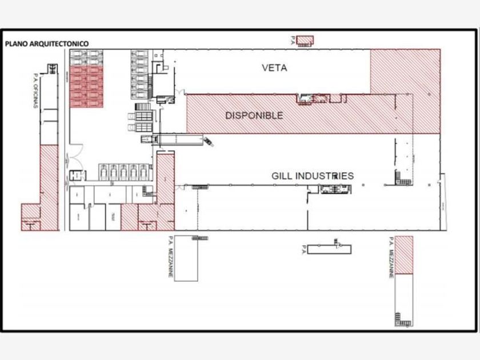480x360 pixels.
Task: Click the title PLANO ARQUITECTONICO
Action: coord(46,43)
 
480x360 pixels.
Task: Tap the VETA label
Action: coord(274,68)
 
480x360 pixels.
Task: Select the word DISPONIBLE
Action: coord(254,115)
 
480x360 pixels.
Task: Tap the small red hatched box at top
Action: coord(306,40)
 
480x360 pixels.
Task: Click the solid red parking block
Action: coord(86,86)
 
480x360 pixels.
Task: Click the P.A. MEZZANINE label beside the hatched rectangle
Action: coord(391,257)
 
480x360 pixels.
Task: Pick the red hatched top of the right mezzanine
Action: coord(405,254)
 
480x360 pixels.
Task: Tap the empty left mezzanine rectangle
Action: coord(186,260)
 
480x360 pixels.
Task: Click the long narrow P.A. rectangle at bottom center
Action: coord(329,249)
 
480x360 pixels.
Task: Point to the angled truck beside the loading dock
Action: coord(207,141)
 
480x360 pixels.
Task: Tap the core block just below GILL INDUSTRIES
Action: coord(331,189)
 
